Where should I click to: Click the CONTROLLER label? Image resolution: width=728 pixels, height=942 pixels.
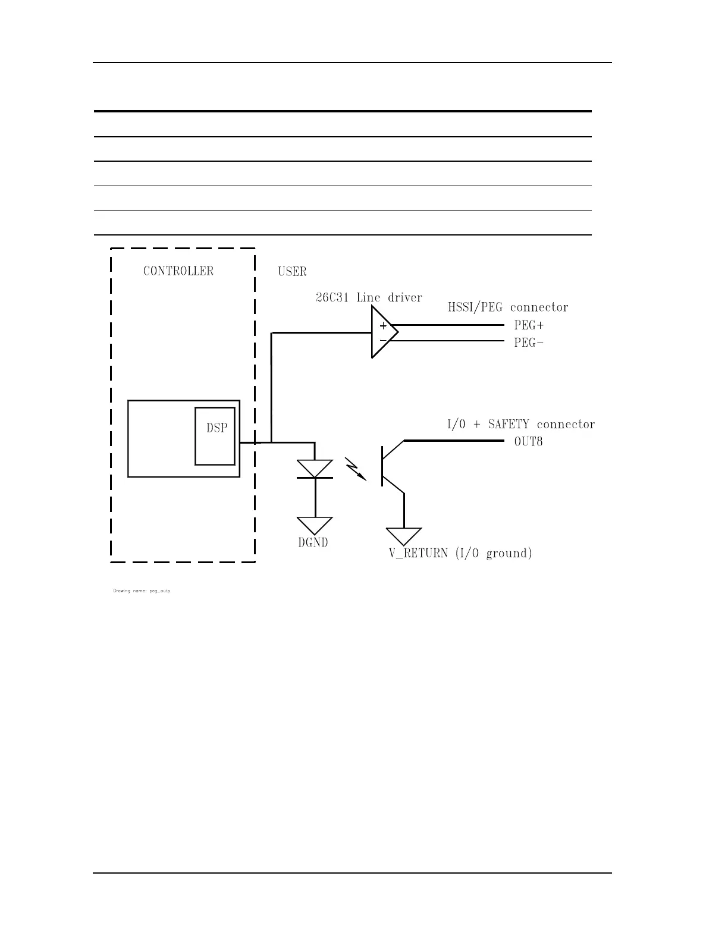tap(178, 271)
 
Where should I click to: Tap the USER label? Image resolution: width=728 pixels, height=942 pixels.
tap(292, 272)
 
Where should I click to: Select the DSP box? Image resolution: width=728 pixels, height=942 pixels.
tap(215, 436)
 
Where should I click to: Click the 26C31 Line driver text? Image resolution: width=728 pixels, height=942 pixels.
tap(369, 297)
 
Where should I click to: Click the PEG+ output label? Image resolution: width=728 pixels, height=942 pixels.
tap(529, 325)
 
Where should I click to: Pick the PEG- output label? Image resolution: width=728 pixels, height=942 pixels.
tap(529, 343)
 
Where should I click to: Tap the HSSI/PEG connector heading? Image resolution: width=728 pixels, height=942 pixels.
tap(508, 307)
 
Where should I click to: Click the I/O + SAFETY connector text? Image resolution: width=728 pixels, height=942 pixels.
tap(520, 425)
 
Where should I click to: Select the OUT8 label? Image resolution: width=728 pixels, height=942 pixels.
tap(528, 442)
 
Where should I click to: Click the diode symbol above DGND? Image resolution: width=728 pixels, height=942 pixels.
tap(315, 469)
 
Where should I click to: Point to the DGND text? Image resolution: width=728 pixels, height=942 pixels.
tap(313, 542)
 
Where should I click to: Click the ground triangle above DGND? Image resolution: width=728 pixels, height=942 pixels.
tap(315, 525)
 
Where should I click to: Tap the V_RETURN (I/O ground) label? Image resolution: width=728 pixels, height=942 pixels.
tap(460, 553)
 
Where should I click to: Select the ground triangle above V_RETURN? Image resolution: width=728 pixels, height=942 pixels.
tap(404, 535)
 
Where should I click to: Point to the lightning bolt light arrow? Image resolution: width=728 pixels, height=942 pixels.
tap(356, 468)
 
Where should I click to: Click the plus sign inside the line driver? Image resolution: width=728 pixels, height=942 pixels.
tap(383, 326)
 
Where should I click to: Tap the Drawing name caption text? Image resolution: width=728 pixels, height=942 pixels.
tap(142, 591)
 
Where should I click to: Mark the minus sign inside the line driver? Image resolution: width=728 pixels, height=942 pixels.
tap(382, 340)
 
